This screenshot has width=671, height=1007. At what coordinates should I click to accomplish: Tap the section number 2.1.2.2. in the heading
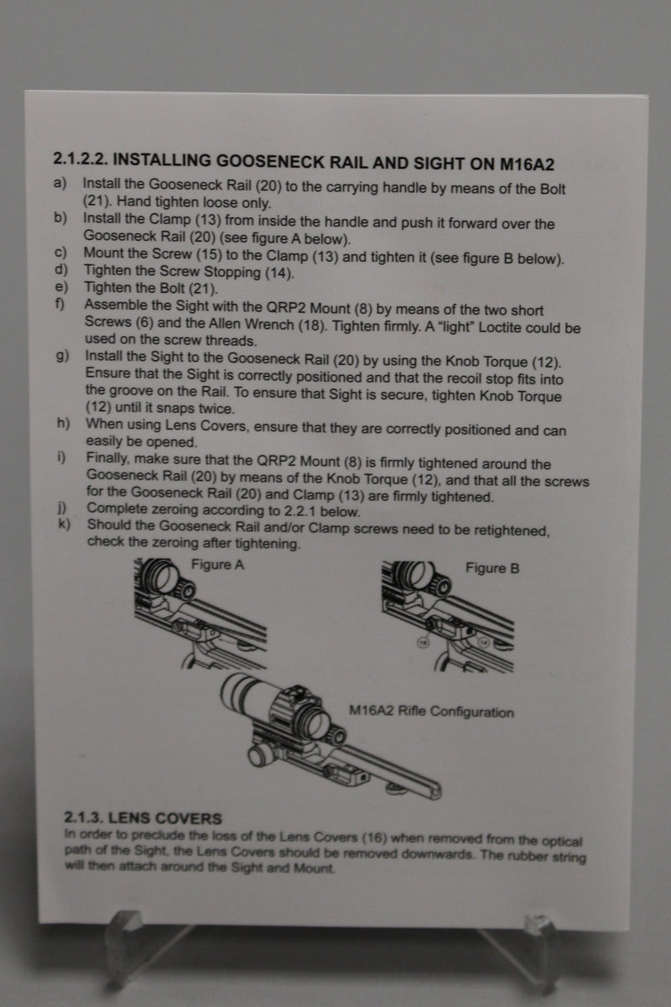(x=81, y=158)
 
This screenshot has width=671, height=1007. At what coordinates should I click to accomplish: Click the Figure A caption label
(x=217, y=565)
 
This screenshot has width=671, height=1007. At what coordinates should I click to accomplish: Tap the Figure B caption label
(x=492, y=568)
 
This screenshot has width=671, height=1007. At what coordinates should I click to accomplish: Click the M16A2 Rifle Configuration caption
(x=431, y=712)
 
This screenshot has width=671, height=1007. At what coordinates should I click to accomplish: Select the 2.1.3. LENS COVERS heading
(x=143, y=817)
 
